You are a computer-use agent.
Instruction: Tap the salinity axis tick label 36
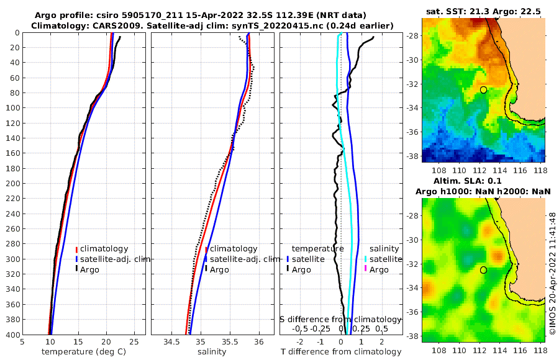259,341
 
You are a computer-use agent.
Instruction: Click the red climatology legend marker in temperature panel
76,248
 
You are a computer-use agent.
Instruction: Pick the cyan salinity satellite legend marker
365,259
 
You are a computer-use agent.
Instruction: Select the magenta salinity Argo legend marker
365,269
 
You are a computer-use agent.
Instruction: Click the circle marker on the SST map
483,90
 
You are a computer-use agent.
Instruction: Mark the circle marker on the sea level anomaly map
483,270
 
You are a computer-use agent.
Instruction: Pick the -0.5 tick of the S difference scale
300,328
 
